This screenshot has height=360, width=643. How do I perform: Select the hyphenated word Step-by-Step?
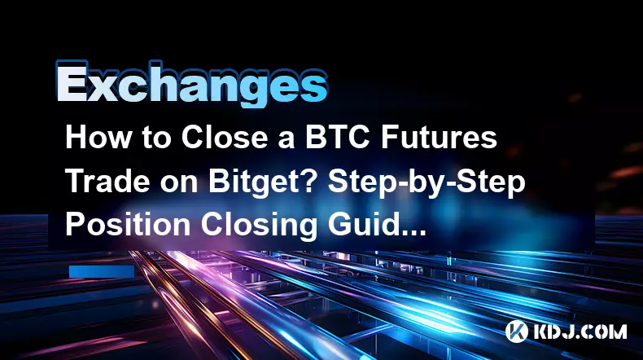point(426,182)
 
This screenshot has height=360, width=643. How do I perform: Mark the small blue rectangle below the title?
point(102,272)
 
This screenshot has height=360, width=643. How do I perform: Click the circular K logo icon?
point(516,331)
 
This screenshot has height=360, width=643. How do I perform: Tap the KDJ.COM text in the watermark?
point(580,331)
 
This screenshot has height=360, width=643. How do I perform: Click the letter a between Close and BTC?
point(287,140)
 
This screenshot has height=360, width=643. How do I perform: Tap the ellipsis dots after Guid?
point(413,235)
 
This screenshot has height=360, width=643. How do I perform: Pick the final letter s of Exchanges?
point(314,88)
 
